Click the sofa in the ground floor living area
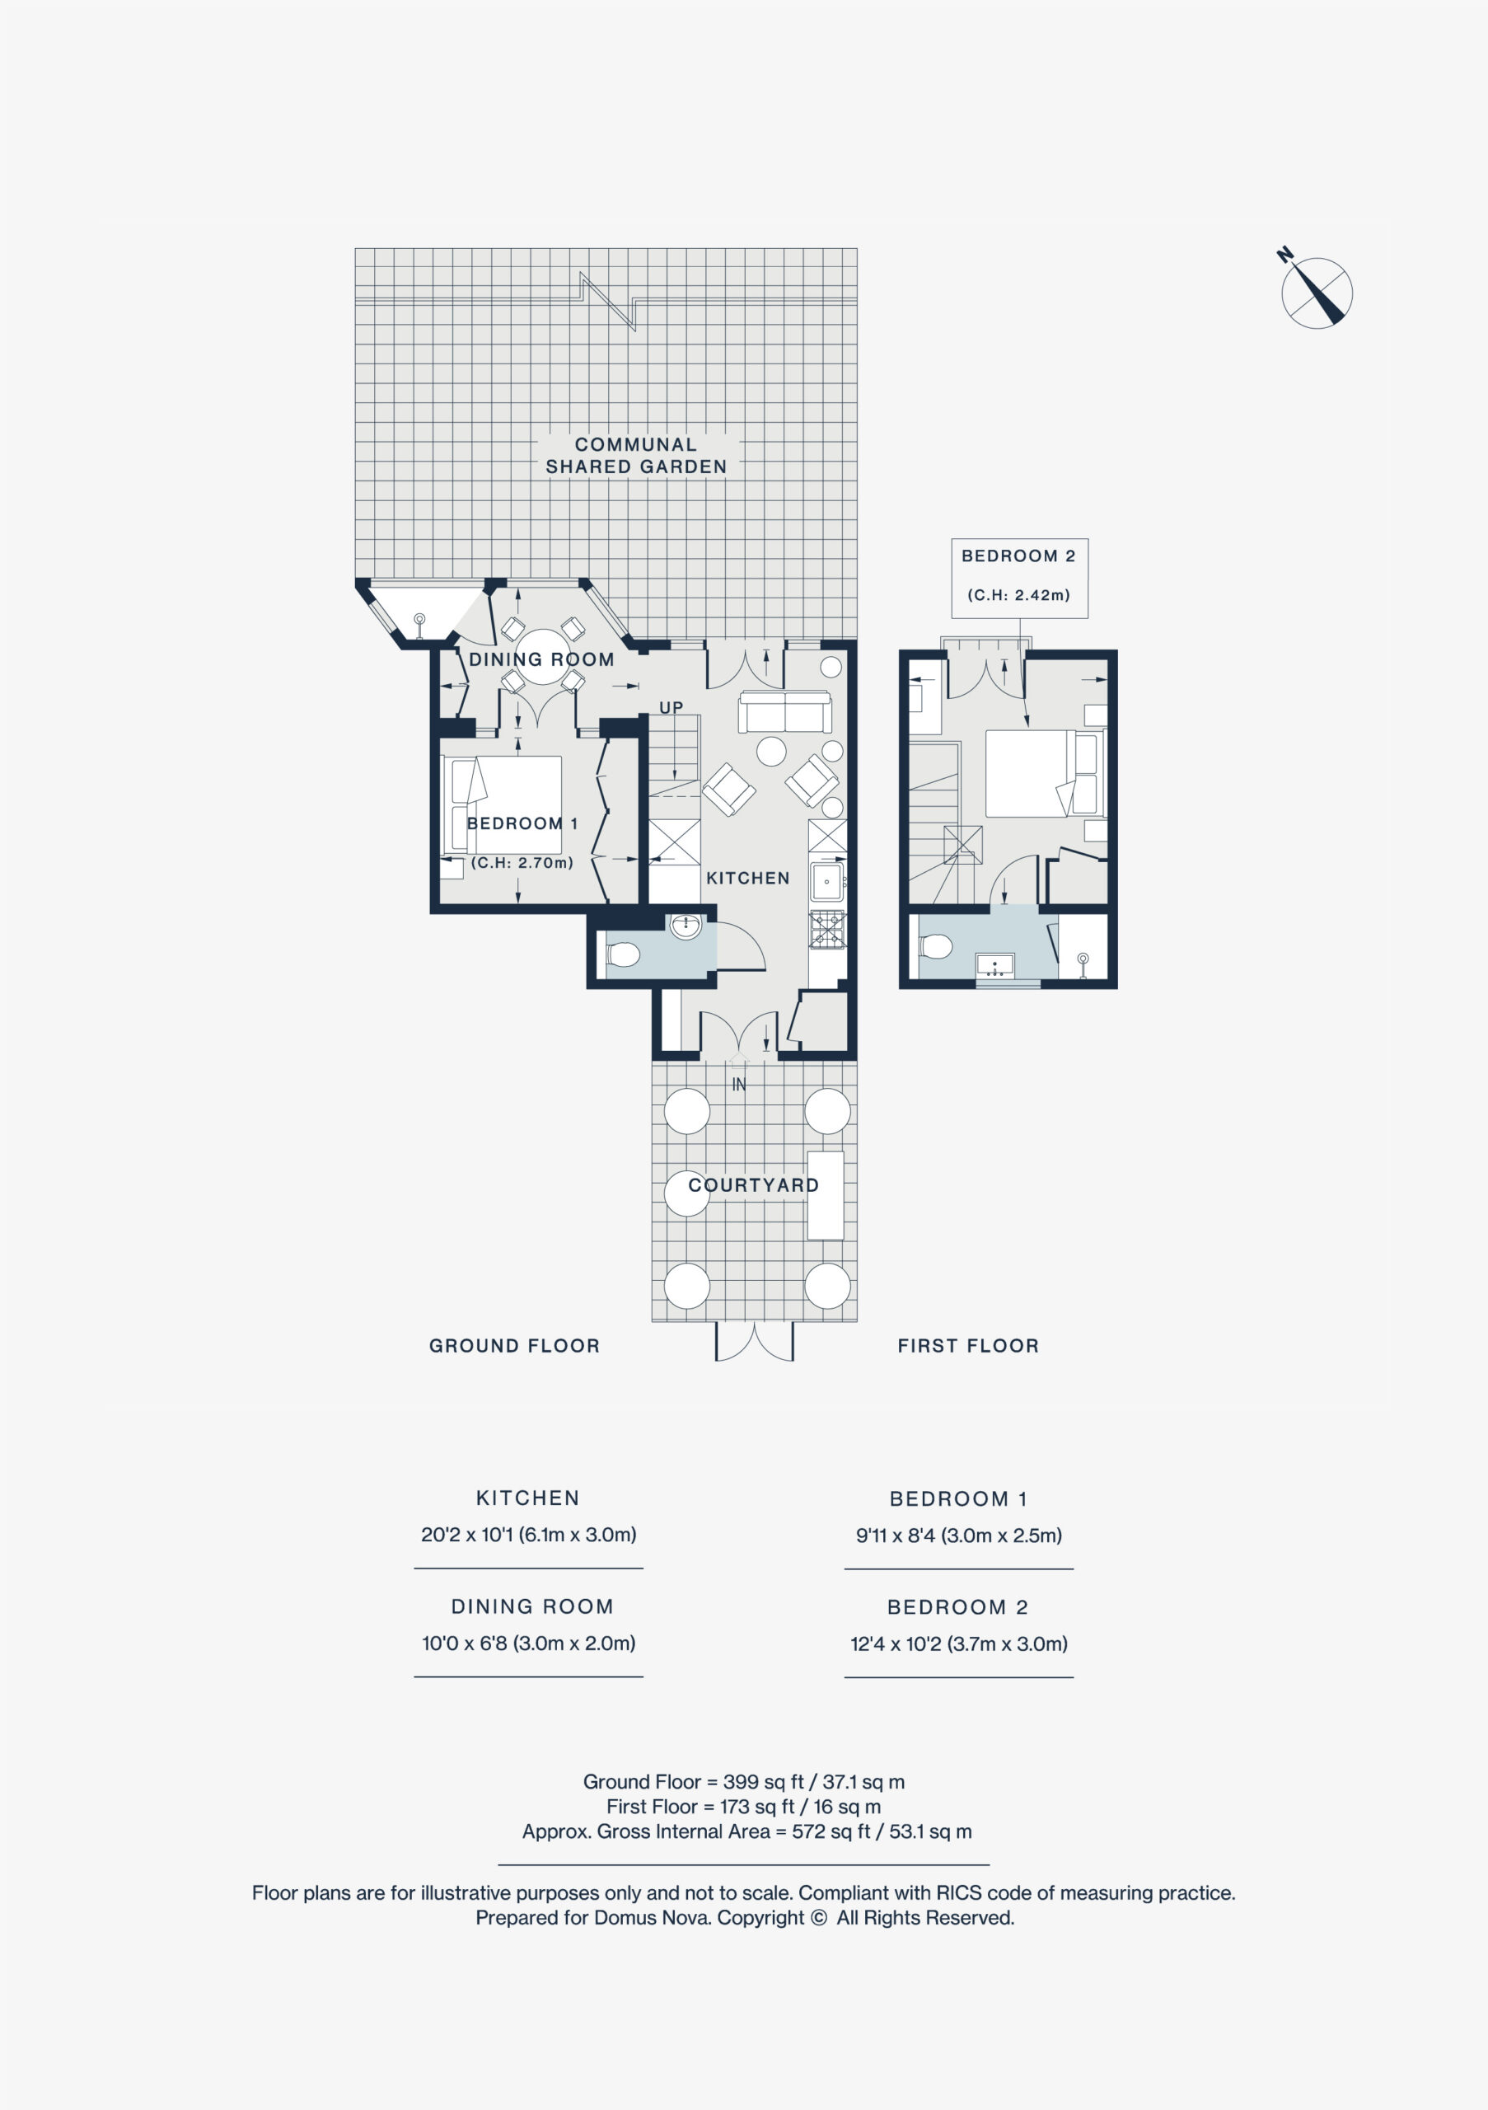coord(785,711)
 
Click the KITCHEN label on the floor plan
coord(747,879)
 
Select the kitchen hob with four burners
coord(826,929)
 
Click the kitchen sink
coord(826,882)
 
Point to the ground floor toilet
coord(621,954)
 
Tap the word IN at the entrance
coord(738,1085)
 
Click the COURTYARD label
coord(753,1185)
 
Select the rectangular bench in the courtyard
coord(826,1196)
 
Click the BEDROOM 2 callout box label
coord(1018,556)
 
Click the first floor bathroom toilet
coord(935,945)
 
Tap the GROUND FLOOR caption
coord(514,1345)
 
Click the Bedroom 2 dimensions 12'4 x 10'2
coord(959,1643)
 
